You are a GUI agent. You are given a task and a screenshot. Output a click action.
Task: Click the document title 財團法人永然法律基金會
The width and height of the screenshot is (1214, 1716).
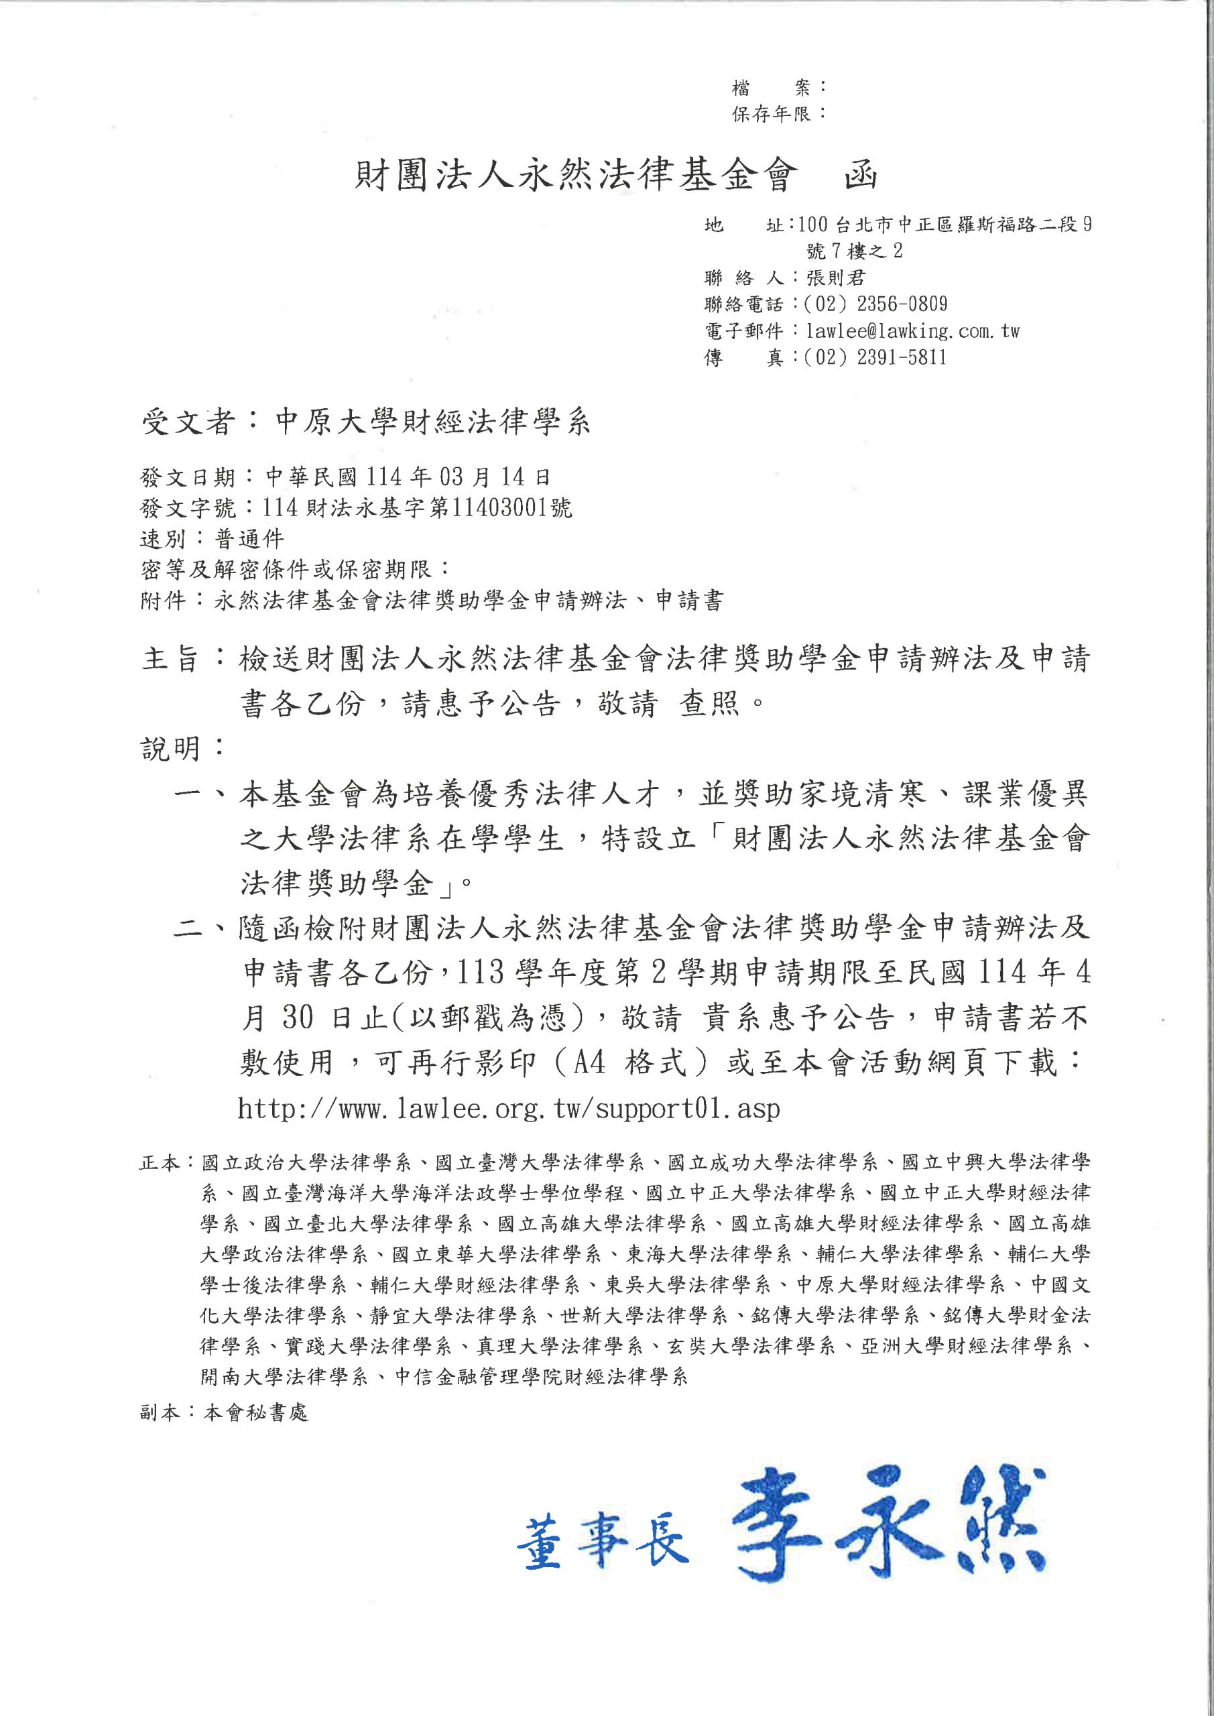click(x=575, y=176)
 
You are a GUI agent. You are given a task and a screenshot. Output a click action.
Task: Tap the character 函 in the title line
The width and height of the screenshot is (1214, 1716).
click(x=859, y=176)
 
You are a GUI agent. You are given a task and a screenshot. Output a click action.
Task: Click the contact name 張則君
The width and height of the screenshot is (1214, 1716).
click(x=836, y=278)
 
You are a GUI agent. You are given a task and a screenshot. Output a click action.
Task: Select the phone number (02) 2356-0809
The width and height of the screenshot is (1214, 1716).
click(x=876, y=304)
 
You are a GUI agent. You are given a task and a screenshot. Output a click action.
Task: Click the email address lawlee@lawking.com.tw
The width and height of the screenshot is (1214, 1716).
click(x=912, y=331)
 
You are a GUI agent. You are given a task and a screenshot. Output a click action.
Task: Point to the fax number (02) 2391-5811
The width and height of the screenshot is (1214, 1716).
click(x=876, y=357)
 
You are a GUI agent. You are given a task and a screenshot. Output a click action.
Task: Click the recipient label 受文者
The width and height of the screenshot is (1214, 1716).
click(x=188, y=423)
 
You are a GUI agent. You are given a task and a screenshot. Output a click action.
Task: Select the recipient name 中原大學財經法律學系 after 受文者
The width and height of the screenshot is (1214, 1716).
click(x=433, y=423)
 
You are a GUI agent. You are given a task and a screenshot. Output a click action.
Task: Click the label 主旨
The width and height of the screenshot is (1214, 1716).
click(x=170, y=658)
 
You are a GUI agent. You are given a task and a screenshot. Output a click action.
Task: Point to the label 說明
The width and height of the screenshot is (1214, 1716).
click(x=170, y=747)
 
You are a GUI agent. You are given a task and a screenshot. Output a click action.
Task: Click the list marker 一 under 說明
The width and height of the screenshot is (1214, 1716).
click(x=189, y=794)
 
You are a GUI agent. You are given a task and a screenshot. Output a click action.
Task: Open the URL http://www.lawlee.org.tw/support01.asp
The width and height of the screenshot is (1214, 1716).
click(x=509, y=1109)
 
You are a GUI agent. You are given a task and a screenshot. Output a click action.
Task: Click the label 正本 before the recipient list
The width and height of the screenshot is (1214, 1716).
click(x=160, y=1164)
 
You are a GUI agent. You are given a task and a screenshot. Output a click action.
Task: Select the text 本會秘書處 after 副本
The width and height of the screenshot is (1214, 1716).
click(x=255, y=1412)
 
